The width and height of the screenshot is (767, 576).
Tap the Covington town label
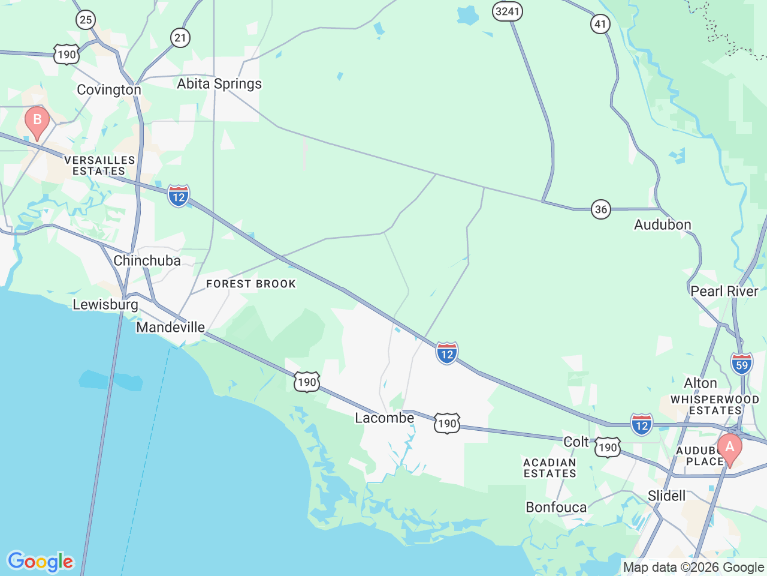[x=109, y=90]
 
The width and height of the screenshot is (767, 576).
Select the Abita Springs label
[x=219, y=84]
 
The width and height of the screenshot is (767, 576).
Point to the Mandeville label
[x=171, y=327]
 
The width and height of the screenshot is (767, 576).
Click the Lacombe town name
[x=385, y=418]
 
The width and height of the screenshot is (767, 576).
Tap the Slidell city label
[x=666, y=496]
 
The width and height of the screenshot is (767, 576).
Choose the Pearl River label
[x=724, y=291]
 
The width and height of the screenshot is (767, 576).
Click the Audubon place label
[x=663, y=225]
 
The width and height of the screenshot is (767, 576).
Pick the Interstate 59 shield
[x=742, y=364]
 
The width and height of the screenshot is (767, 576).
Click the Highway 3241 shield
[x=508, y=11]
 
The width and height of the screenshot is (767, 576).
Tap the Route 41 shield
[x=600, y=24]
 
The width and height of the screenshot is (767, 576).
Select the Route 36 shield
[x=600, y=209]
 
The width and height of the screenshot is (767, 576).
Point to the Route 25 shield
[x=86, y=20]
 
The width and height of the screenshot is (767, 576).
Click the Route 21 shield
[x=180, y=38]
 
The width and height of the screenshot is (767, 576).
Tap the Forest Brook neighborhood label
[x=251, y=284]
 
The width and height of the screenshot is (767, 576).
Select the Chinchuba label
[x=147, y=260]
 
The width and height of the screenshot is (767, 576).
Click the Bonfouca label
[x=556, y=508]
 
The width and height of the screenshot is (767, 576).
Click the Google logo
[x=40, y=562]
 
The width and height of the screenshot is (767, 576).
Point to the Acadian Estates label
[x=549, y=468]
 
